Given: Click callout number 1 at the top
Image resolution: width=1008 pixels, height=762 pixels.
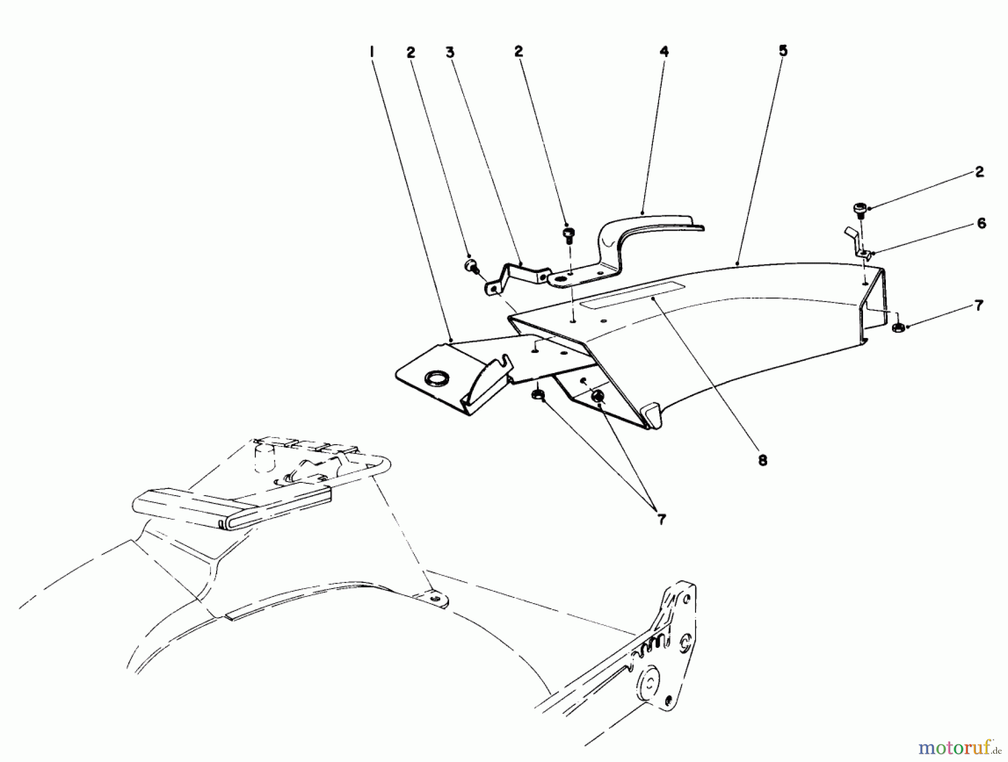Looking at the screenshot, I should (x=371, y=52).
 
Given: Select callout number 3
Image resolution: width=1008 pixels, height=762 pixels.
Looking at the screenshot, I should (x=450, y=52).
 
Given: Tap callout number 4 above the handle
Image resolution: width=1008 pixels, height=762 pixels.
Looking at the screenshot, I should (x=664, y=52).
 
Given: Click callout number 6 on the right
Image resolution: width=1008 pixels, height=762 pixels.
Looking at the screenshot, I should (x=981, y=224).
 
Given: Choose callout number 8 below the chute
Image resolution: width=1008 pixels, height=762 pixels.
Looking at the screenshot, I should (x=762, y=460).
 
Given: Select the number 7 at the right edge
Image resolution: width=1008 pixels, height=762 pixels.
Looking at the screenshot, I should (x=978, y=305).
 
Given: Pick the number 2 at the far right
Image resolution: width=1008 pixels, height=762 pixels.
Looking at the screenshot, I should (x=979, y=172).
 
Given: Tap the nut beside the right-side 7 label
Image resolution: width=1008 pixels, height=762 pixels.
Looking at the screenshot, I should (x=897, y=327).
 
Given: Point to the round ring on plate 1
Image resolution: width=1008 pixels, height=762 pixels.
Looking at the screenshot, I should (x=434, y=380).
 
